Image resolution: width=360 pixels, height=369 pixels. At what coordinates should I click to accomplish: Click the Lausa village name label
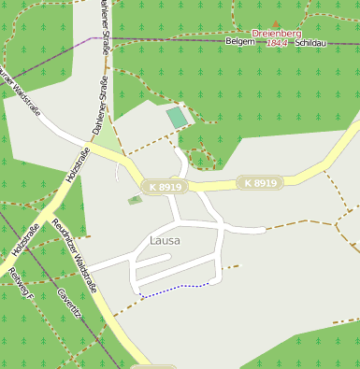(164, 241)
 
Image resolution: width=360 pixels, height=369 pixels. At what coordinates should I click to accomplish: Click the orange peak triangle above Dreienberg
(275, 24)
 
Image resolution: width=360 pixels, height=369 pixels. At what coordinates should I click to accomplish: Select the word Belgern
(240, 42)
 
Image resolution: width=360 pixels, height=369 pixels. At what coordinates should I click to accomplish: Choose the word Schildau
(310, 43)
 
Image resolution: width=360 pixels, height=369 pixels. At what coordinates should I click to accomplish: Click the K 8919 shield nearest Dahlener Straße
(165, 188)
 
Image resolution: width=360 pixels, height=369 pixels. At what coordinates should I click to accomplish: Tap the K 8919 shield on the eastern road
(260, 183)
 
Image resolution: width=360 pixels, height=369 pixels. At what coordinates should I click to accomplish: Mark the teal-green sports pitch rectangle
(176, 118)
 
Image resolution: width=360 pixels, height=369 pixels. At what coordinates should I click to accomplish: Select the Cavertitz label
(69, 305)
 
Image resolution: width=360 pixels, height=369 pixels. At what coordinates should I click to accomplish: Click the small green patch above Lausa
(135, 200)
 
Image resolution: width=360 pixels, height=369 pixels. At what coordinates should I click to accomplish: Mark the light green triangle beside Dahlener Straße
(109, 140)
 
